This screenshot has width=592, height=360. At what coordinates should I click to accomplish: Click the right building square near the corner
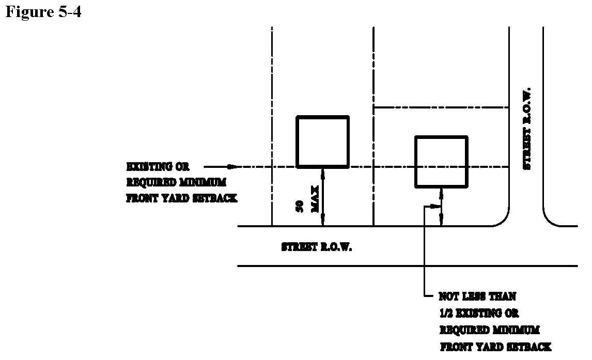(x=441, y=162)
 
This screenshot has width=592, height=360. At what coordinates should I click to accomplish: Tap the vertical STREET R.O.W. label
(x=527, y=129)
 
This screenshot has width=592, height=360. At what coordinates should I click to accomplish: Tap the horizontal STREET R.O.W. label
(x=316, y=247)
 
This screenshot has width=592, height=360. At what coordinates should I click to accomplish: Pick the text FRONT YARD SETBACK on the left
(x=182, y=198)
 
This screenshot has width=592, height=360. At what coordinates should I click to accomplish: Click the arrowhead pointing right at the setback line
(x=234, y=167)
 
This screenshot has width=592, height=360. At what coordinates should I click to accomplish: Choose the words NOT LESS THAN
(x=477, y=297)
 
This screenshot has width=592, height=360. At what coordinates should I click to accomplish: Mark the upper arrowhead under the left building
(x=323, y=173)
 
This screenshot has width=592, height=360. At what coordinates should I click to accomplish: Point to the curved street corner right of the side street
(x=550, y=220)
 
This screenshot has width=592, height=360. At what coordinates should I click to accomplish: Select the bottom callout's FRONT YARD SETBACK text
(x=495, y=347)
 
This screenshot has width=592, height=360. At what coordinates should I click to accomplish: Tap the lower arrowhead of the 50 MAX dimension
(x=323, y=222)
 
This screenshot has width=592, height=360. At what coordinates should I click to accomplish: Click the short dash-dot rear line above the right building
(x=441, y=107)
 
